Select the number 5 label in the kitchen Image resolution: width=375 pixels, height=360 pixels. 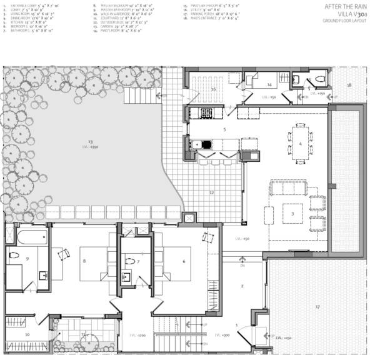[x=224, y=129]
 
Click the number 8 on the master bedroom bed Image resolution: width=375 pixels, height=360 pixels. [x=84, y=261]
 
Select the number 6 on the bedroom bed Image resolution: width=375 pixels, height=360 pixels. [x=183, y=261]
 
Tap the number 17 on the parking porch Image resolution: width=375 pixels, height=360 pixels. [x=317, y=307]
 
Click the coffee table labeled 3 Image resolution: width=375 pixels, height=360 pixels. [x=292, y=213]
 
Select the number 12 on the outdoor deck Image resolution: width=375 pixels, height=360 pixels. [x=212, y=193]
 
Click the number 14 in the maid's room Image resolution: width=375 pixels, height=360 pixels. [x=269, y=84]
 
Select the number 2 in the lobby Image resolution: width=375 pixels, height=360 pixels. [x=242, y=286]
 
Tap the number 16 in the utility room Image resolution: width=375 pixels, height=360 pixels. [x=213, y=89]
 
